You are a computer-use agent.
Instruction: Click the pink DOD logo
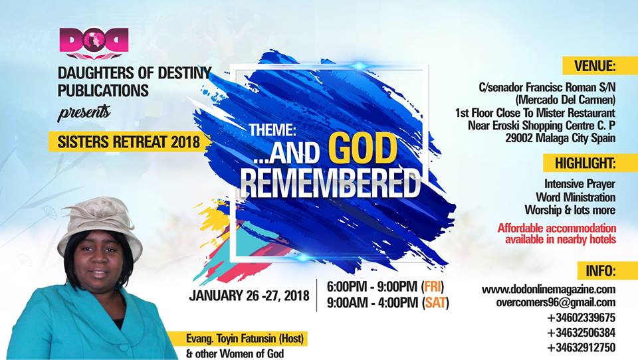click(94, 43)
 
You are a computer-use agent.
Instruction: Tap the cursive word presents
click(84, 113)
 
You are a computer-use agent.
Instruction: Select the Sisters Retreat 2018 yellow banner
click(128, 142)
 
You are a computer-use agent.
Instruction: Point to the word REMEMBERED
click(330, 184)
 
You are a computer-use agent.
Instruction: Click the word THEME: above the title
click(272, 130)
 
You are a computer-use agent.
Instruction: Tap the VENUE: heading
click(594, 66)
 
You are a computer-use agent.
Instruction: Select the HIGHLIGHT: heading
click(585, 163)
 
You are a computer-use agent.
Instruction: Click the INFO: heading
click(601, 270)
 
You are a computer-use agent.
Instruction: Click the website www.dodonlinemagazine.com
click(548, 290)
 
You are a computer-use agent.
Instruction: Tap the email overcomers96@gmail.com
click(556, 303)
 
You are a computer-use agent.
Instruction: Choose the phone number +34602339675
click(581, 317)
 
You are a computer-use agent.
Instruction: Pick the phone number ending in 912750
click(581, 348)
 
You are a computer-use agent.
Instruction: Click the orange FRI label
click(433, 287)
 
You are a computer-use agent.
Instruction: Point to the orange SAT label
click(435, 303)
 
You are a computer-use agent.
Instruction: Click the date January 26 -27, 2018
click(249, 296)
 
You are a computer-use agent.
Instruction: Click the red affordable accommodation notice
click(557, 234)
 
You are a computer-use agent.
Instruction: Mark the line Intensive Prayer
click(580, 184)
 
